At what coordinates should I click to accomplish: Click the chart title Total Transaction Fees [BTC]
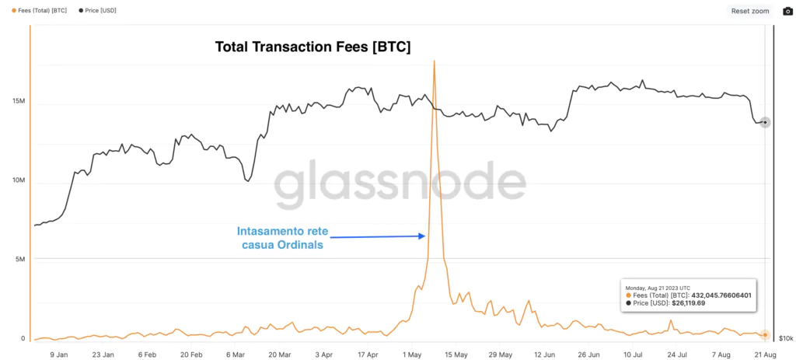pyautogui.click(x=312, y=47)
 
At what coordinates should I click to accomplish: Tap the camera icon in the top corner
pyautogui.click(x=787, y=11)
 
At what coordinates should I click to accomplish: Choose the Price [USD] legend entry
pyautogui.click(x=97, y=11)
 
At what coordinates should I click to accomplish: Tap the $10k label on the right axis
pyautogui.click(x=785, y=339)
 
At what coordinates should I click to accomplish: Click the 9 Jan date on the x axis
pyautogui.click(x=59, y=355)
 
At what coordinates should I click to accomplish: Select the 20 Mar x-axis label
pyautogui.click(x=280, y=355)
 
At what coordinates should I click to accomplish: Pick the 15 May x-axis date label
pyautogui.click(x=456, y=355)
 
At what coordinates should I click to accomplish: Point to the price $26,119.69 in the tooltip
pyautogui.click(x=687, y=303)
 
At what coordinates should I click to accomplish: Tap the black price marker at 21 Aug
pyautogui.click(x=765, y=122)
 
